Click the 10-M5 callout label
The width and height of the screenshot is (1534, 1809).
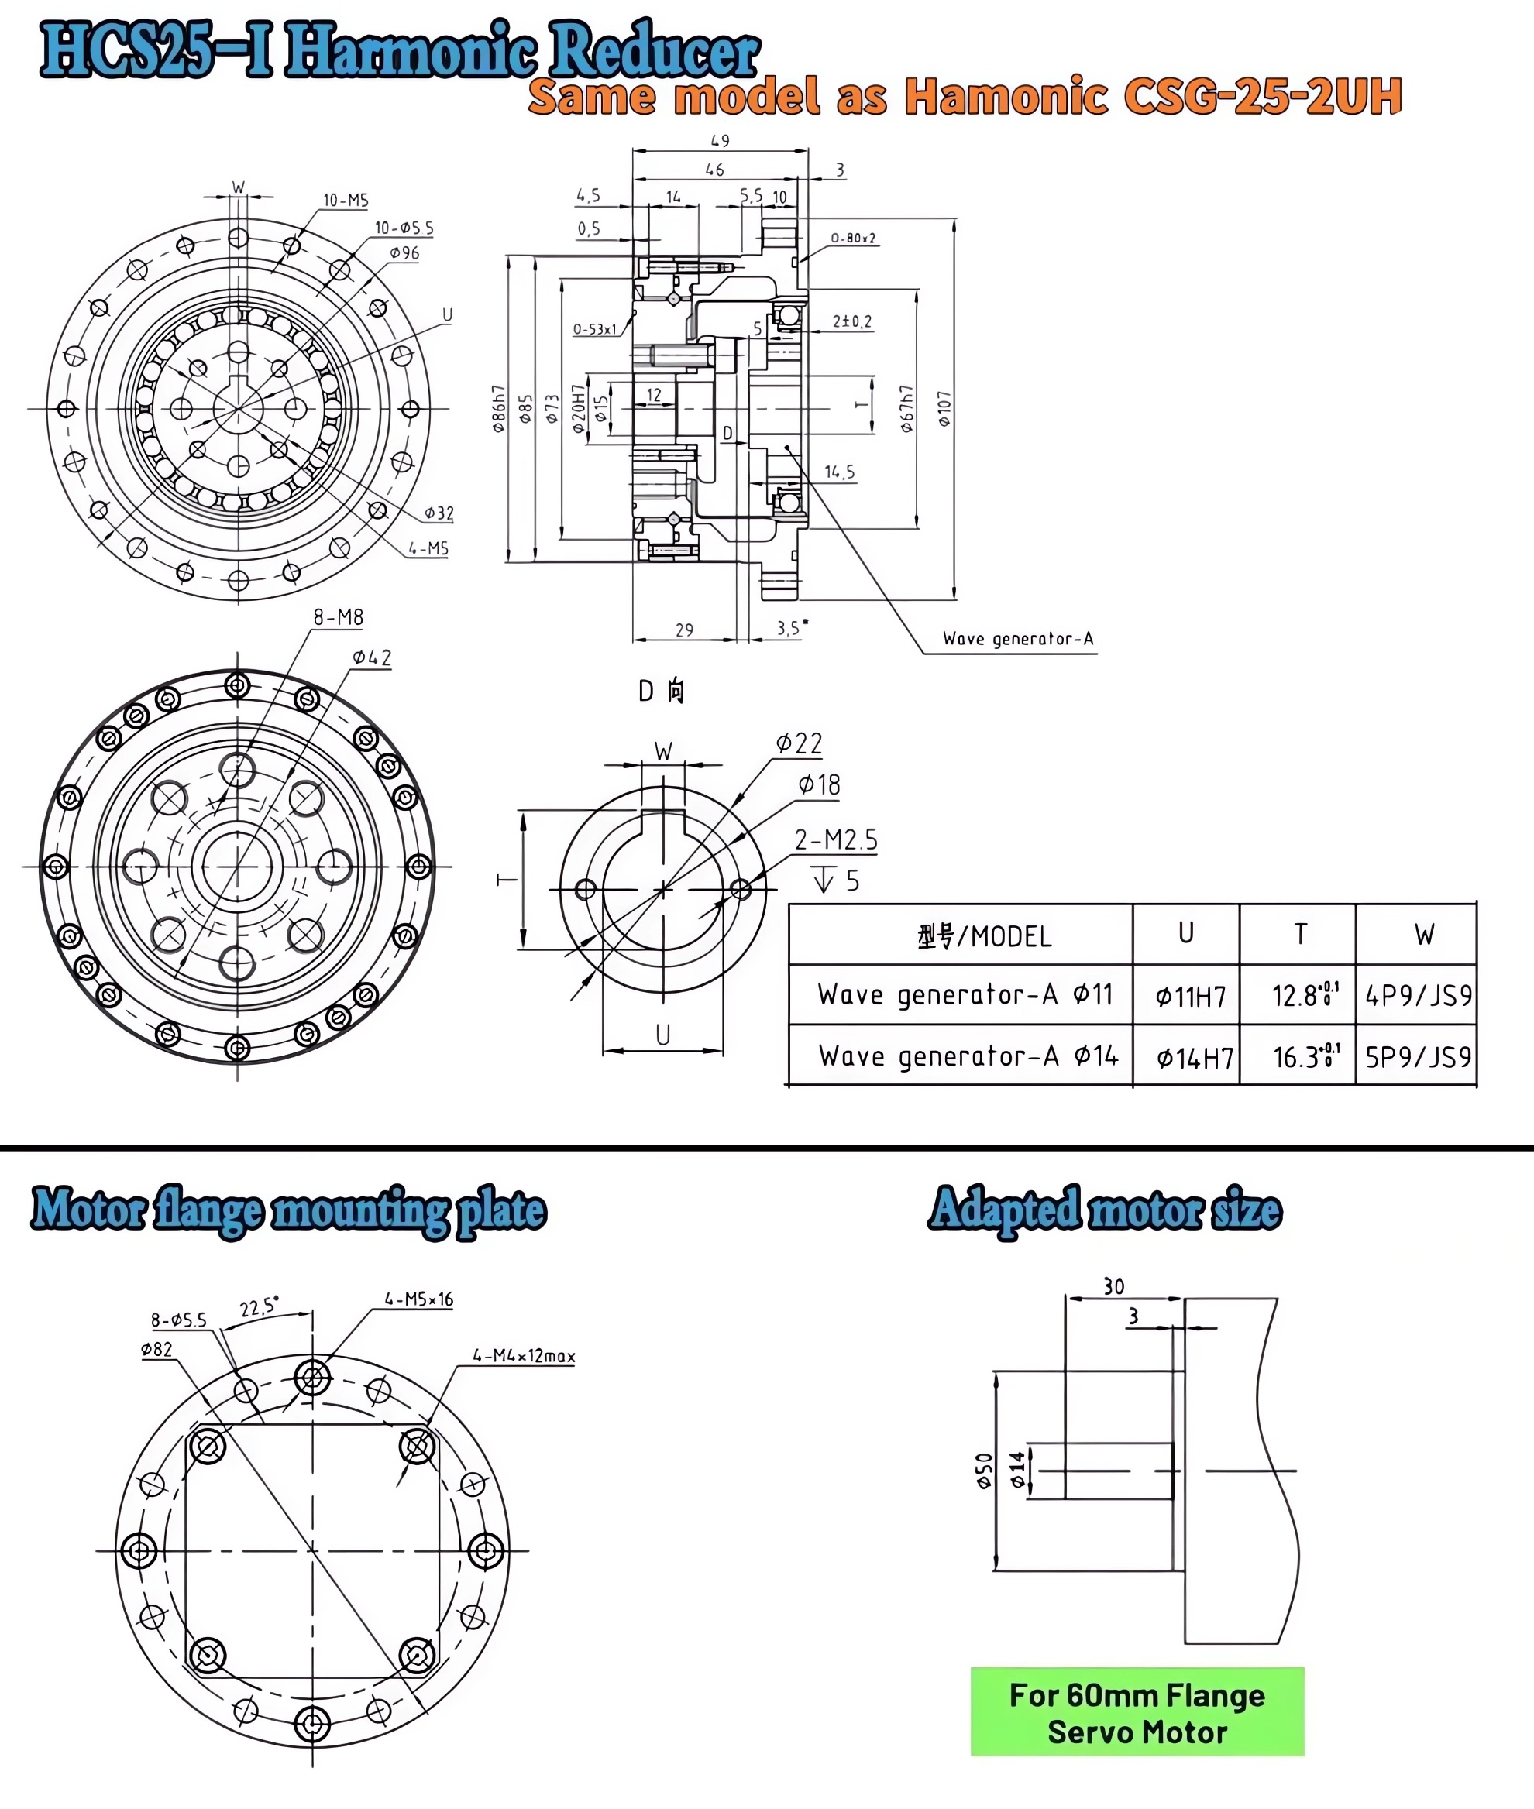[346, 201]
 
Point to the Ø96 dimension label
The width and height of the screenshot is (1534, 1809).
[404, 253]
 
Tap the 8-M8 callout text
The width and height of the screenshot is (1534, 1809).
[339, 617]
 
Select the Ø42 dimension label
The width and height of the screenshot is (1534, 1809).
[371, 657]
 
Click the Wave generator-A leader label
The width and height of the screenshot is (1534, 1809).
[1017, 639]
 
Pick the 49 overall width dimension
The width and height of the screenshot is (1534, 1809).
[720, 140]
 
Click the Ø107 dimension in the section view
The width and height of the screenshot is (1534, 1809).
[944, 409]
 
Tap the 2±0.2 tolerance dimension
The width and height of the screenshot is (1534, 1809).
[851, 321]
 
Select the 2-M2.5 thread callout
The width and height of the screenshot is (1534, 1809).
[836, 839]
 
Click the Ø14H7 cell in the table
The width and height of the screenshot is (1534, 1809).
[1194, 1058]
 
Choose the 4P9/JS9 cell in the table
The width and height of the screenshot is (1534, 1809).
[1418, 995]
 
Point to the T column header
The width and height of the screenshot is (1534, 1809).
[1300, 935]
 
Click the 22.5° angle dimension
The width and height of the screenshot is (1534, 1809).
[259, 1306]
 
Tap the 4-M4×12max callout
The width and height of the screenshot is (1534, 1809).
[524, 1356]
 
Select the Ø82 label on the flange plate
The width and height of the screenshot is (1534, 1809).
[156, 1349]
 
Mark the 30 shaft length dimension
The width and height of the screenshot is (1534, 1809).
[1114, 1286]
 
